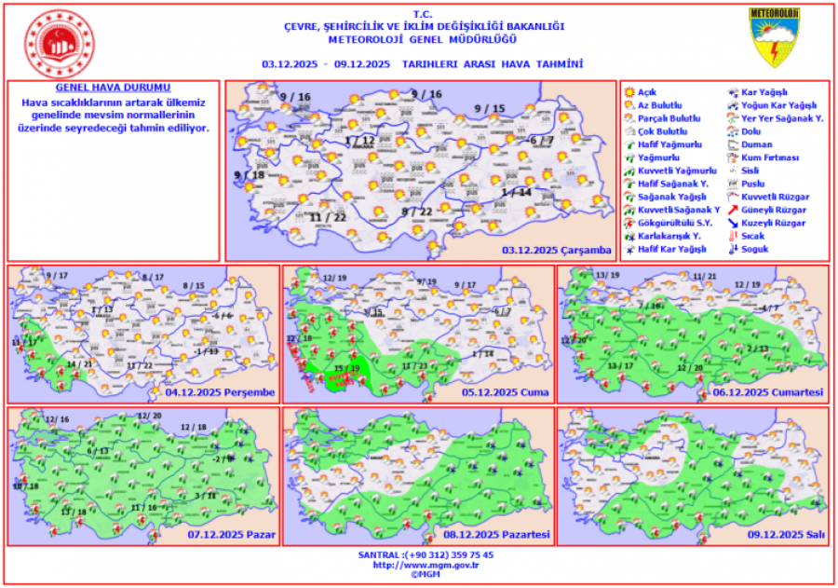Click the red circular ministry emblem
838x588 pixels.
pos(57,43)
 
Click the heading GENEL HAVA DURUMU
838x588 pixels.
pos(113,87)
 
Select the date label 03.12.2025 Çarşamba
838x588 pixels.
pos(556,250)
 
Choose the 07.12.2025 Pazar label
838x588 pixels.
pos(231,535)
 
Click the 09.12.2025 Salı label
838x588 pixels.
pos(786,535)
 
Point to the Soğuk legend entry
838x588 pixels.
pos(753,250)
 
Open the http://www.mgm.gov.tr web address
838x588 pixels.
pos(419,565)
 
